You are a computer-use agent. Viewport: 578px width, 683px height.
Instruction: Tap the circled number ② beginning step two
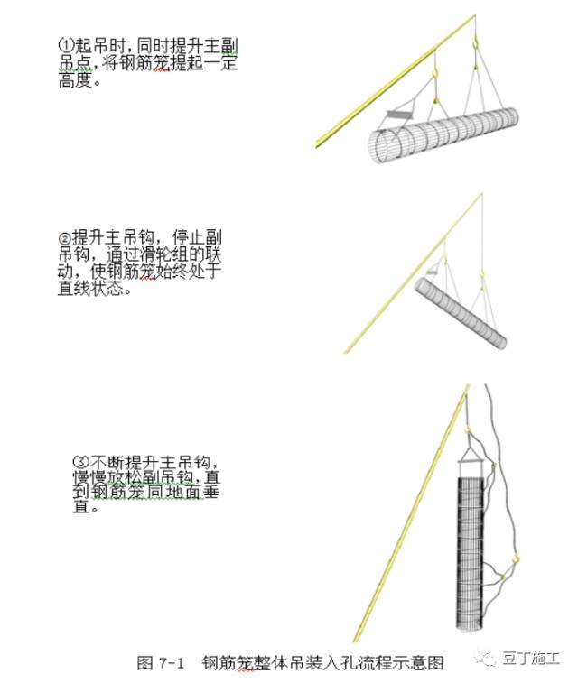65,237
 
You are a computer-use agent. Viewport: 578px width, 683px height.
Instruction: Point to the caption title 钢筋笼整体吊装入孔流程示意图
322,662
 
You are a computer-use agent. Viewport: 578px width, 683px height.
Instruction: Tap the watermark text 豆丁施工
532,658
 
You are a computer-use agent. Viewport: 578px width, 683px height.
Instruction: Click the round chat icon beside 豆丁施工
489,659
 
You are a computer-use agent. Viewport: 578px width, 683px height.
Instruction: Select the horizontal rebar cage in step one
443,136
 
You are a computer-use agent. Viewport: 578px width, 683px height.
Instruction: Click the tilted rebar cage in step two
460,311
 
